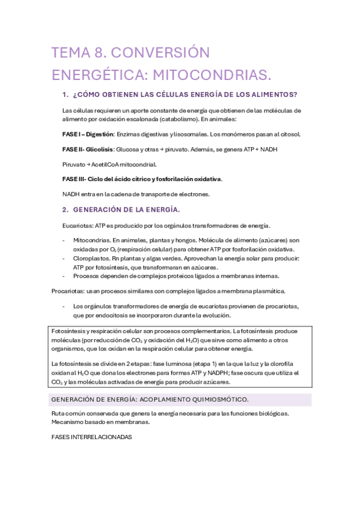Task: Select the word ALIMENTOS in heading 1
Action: pyautogui.click(x=273, y=95)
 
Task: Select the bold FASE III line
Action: pyautogui.click(x=142, y=179)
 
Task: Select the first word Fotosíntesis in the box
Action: pyautogui.click(x=69, y=331)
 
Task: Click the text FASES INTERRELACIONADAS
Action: pyautogui.click(x=92, y=438)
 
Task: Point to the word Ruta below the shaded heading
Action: pyautogui.click(x=59, y=414)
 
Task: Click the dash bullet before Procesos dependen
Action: pyautogui.click(x=64, y=275)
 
